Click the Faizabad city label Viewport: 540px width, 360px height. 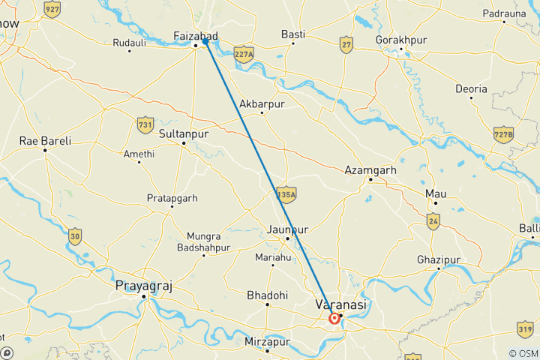[195, 36]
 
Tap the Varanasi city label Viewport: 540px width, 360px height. [340, 305]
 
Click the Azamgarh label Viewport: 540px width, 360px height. [369, 170]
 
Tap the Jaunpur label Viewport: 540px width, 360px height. [288, 228]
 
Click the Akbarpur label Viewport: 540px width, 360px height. [262, 104]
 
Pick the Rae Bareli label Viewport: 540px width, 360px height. [45, 140]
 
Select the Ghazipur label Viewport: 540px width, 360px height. [438, 259]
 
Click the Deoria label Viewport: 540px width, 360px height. [472, 88]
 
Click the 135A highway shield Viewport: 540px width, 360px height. [286, 194]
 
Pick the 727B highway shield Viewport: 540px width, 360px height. [504, 135]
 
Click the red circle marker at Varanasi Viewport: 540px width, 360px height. [334, 319]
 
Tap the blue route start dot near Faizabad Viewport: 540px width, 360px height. [205, 42]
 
